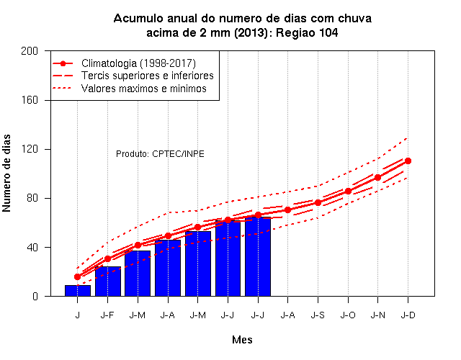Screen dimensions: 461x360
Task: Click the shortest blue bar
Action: point(78,291)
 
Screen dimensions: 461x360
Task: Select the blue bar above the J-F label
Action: point(108,282)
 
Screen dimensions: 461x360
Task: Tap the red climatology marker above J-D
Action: point(408,161)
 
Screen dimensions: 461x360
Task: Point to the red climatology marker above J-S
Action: point(318,203)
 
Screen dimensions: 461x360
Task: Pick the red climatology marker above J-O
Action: point(348,192)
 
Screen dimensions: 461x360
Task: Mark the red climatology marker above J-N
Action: point(377,178)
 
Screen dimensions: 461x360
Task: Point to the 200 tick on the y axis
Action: point(30,51)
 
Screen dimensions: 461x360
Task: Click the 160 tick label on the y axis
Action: point(30,100)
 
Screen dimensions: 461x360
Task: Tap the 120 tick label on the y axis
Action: point(30,149)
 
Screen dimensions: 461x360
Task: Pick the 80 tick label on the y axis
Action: point(32,198)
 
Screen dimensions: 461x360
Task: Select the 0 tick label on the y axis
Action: point(35,296)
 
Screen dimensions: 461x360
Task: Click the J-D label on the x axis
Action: point(408,315)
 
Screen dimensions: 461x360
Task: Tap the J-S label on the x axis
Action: point(318,315)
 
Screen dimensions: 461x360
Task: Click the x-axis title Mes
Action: point(242,340)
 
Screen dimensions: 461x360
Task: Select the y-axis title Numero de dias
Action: point(6,173)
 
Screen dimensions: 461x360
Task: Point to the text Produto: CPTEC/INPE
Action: point(160,153)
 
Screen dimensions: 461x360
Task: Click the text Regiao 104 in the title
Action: point(307,32)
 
